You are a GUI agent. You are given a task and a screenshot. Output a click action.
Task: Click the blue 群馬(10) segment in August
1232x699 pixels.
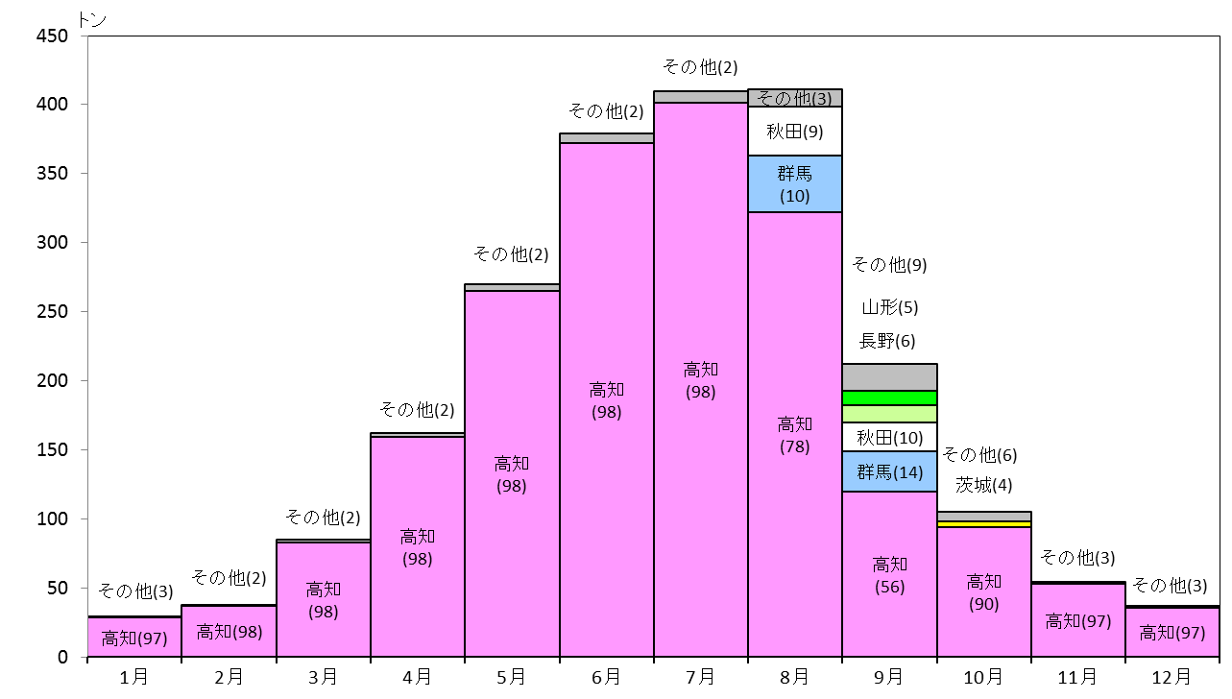pyautogui.click(x=795, y=183)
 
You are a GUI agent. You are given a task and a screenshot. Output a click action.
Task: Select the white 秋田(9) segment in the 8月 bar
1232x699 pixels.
pyautogui.click(x=795, y=132)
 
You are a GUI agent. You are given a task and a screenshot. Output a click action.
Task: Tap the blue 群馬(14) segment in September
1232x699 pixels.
pyautogui.click(x=889, y=471)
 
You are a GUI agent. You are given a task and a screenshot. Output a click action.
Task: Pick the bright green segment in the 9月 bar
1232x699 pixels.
pyautogui.click(x=889, y=398)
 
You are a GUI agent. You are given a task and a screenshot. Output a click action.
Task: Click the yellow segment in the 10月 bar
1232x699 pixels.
pyautogui.click(x=984, y=524)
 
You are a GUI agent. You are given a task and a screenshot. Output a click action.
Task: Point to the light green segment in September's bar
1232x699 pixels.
pyautogui.click(x=889, y=414)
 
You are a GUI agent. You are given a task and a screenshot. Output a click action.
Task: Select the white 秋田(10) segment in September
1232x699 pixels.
pyautogui.click(x=889, y=437)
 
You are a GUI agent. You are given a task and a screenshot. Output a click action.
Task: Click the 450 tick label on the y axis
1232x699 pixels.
pyautogui.click(x=52, y=36)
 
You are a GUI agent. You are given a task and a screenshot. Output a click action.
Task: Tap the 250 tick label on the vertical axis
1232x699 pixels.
pyautogui.click(x=52, y=311)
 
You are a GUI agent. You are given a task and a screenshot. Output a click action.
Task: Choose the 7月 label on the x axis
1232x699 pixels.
pyautogui.click(x=700, y=677)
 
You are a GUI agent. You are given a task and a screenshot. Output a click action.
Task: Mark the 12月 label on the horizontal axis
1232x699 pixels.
pyautogui.click(x=1172, y=677)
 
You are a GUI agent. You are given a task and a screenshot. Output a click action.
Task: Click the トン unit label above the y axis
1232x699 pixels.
pyautogui.click(x=91, y=20)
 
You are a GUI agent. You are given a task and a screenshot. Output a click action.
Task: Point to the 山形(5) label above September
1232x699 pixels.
pyautogui.click(x=890, y=307)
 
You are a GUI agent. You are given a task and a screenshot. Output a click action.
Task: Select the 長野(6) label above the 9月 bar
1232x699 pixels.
pyautogui.click(x=887, y=341)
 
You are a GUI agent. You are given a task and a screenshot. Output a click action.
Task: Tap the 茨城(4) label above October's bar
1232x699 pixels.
pyautogui.click(x=984, y=485)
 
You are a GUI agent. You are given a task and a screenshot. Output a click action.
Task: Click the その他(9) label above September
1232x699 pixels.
pyautogui.click(x=889, y=265)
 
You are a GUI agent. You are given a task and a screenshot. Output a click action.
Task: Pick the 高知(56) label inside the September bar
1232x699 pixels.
pyautogui.click(x=889, y=575)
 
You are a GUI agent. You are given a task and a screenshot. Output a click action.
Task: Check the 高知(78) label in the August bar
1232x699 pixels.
pyautogui.click(x=795, y=435)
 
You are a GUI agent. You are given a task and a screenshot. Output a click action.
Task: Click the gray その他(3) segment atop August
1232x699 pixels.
pyautogui.click(x=795, y=97)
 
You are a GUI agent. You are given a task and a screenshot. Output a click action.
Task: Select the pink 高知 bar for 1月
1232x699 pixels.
pyautogui.click(x=134, y=637)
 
